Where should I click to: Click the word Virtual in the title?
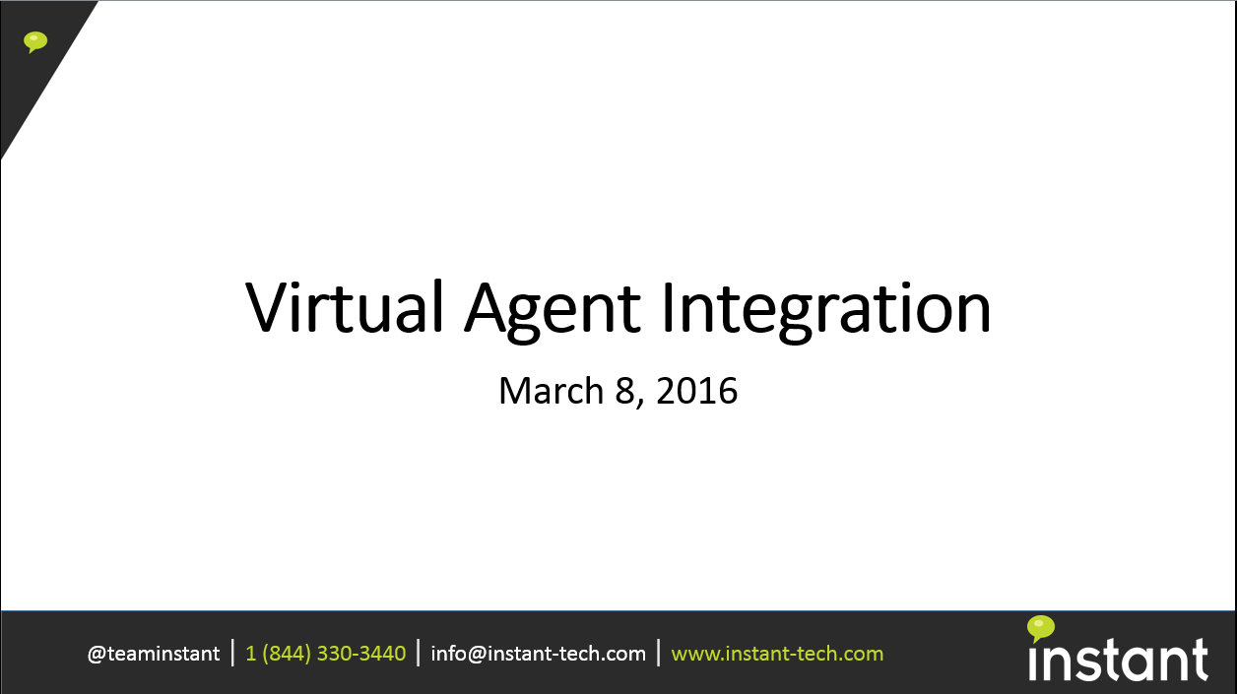(x=345, y=306)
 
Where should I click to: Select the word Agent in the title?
(x=553, y=311)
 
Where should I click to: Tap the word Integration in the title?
(x=826, y=311)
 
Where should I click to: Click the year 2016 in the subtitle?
(x=697, y=391)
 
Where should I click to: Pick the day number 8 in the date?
(x=625, y=391)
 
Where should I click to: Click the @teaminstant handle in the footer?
(x=154, y=655)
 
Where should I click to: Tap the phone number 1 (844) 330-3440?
(x=326, y=654)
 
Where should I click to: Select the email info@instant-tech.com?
(x=539, y=654)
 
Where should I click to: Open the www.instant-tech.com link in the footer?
(x=777, y=654)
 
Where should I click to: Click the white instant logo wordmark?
(x=1118, y=660)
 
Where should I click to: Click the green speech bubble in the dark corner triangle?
(x=35, y=42)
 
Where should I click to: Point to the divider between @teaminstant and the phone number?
(x=232, y=653)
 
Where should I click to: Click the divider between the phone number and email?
(x=418, y=653)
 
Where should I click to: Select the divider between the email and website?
(x=659, y=653)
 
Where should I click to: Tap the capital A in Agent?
(x=486, y=307)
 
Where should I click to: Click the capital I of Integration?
(x=667, y=307)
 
